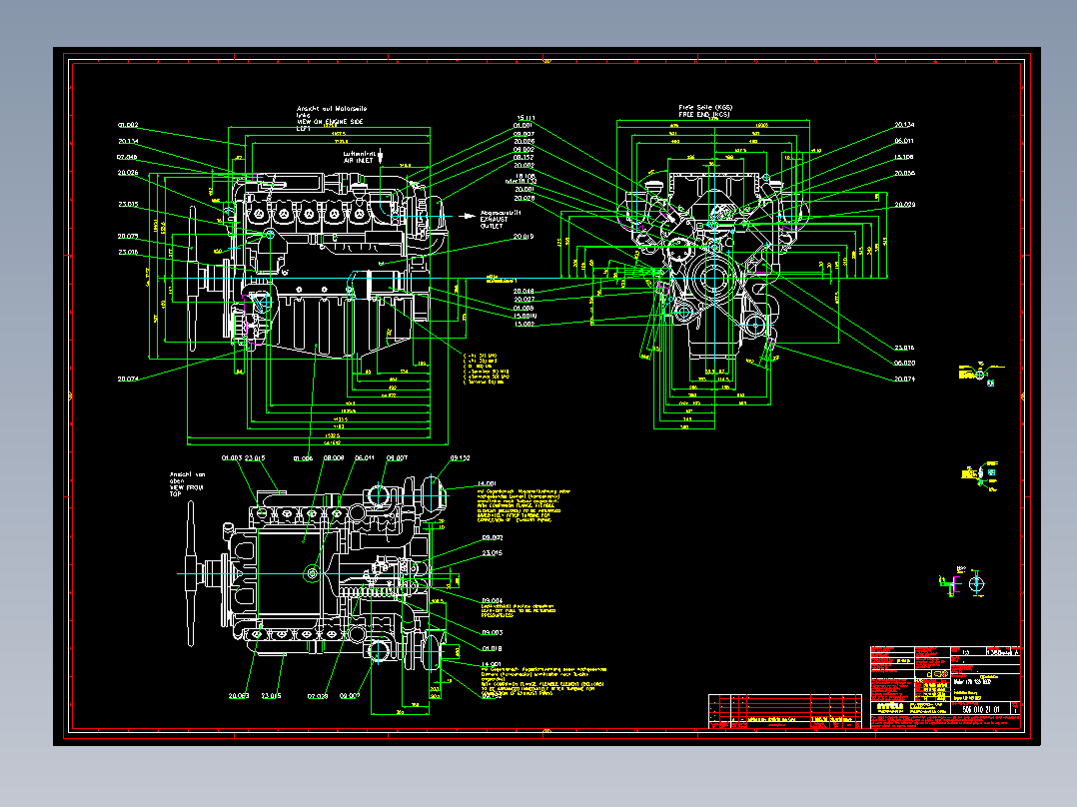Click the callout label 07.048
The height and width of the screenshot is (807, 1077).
click(x=127, y=158)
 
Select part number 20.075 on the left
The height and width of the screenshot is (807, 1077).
click(x=127, y=237)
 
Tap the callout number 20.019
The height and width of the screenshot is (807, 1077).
click(x=524, y=237)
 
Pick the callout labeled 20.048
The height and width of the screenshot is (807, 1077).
click(x=524, y=291)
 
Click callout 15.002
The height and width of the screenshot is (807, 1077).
click(x=524, y=324)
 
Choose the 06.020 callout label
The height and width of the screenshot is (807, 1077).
click(x=904, y=364)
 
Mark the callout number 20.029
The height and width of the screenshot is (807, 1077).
click(x=904, y=205)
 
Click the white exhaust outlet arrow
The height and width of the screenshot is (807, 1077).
click(x=466, y=215)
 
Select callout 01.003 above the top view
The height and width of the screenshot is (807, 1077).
click(x=232, y=457)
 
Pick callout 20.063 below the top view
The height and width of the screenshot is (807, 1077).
click(x=238, y=695)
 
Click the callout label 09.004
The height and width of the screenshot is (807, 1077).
click(x=493, y=601)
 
